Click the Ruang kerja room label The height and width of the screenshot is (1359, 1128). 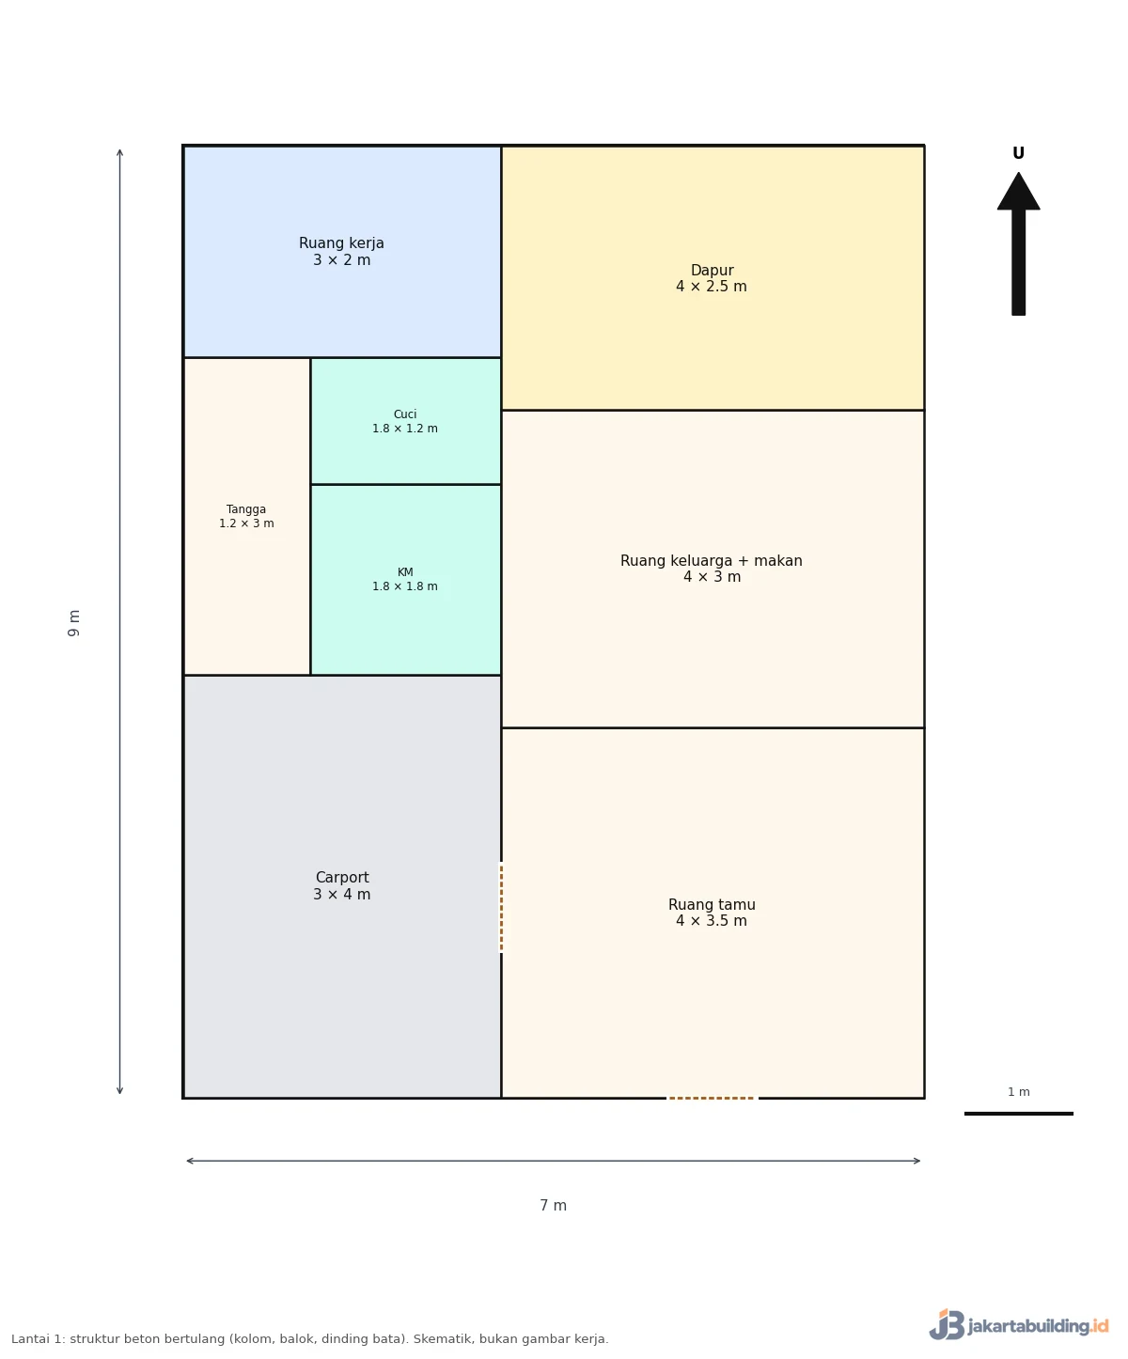pos(341,251)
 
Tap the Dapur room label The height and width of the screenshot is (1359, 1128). pos(712,278)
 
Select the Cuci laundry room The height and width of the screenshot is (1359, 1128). pos(405,421)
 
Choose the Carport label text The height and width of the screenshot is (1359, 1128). pos(342,877)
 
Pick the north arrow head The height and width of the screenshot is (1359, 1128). pos(1018,192)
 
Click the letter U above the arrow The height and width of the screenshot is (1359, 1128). pos(1018,153)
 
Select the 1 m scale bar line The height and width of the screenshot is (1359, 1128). pos(1018,1114)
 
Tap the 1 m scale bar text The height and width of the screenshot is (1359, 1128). pos(1019,1091)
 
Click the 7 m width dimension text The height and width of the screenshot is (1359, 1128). pos(554,1206)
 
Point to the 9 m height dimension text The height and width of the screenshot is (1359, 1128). pos(73,623)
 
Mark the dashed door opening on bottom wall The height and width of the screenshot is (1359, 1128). pos(712,1098)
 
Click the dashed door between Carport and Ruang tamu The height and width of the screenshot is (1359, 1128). pos(501,907)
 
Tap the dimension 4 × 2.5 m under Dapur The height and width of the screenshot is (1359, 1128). pos(712,287)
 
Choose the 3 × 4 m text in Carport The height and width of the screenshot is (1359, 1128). pos(342,895)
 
